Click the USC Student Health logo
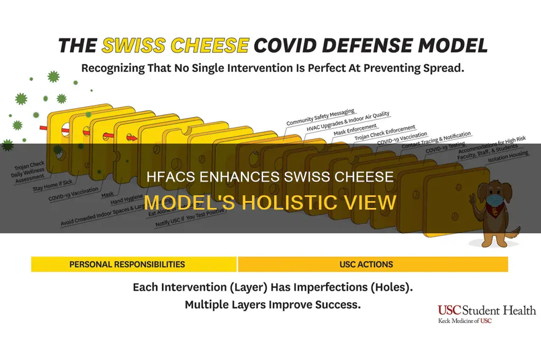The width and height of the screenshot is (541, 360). pyautogui.click(x=486, y=314)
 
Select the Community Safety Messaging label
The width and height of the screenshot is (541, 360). pyautogui.click(x=320, y=117)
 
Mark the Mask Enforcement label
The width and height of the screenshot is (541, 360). pyautogui.click(x=355, y=130)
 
